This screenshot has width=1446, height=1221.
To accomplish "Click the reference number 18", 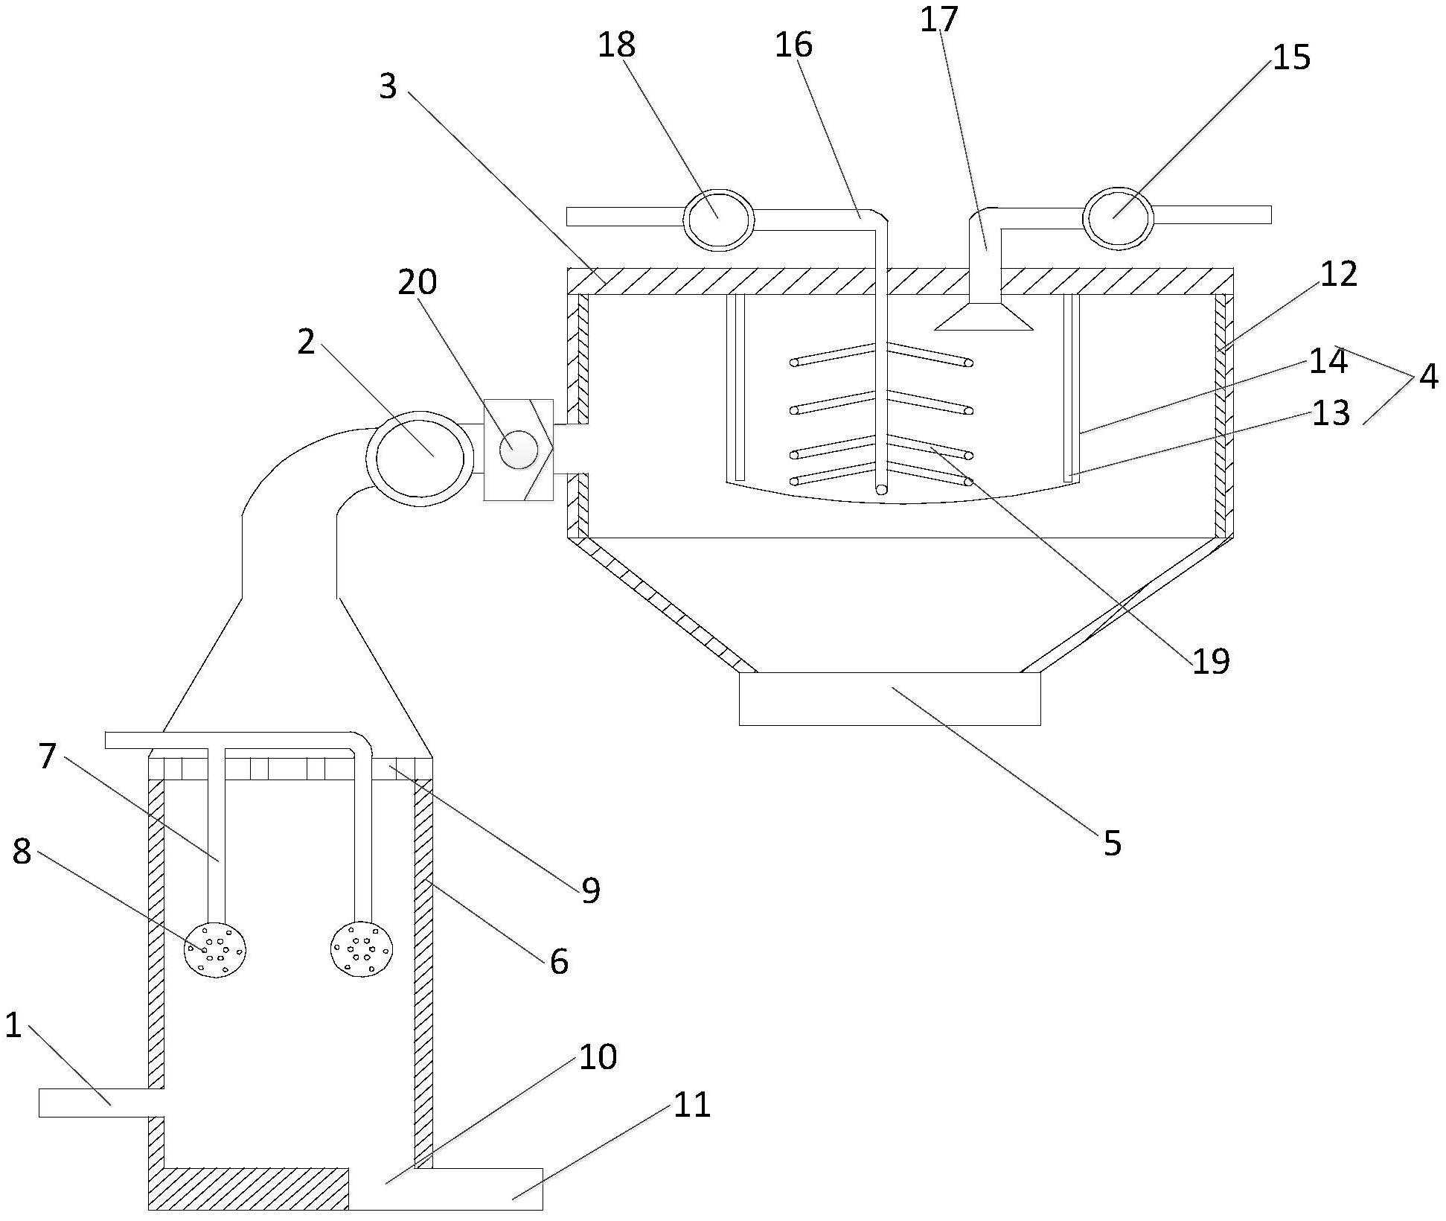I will tap(616, 45).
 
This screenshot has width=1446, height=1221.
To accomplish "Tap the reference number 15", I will tap(1291, 58).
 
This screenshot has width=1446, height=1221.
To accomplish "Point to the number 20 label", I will tap(417, 283).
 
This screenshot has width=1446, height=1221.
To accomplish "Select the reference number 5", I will tap(1112, 844).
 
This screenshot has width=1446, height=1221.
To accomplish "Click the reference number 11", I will tap(692, 1105).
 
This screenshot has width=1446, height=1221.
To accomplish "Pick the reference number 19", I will tap(1211, 661).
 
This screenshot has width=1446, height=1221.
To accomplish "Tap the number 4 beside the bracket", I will tap(1428, 377).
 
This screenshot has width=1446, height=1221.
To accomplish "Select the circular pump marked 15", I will tap(1118, 217).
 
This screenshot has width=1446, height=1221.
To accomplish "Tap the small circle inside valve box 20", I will tap(518, 450).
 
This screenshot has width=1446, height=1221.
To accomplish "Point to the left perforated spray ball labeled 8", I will tap(215, 949).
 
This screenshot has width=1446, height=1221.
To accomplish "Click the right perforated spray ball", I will tap(362, 948).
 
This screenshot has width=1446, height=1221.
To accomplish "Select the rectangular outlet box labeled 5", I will tap(889, 698).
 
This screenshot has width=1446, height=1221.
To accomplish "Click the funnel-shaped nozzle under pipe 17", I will tap(984, 316).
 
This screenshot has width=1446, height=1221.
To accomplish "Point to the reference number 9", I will tap(590, 890).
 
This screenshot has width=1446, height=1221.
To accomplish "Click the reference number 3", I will tap(388, 87).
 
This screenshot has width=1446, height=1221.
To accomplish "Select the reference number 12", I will tap(1339, 275).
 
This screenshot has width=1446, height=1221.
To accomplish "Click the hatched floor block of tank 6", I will tap(249, 1188).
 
